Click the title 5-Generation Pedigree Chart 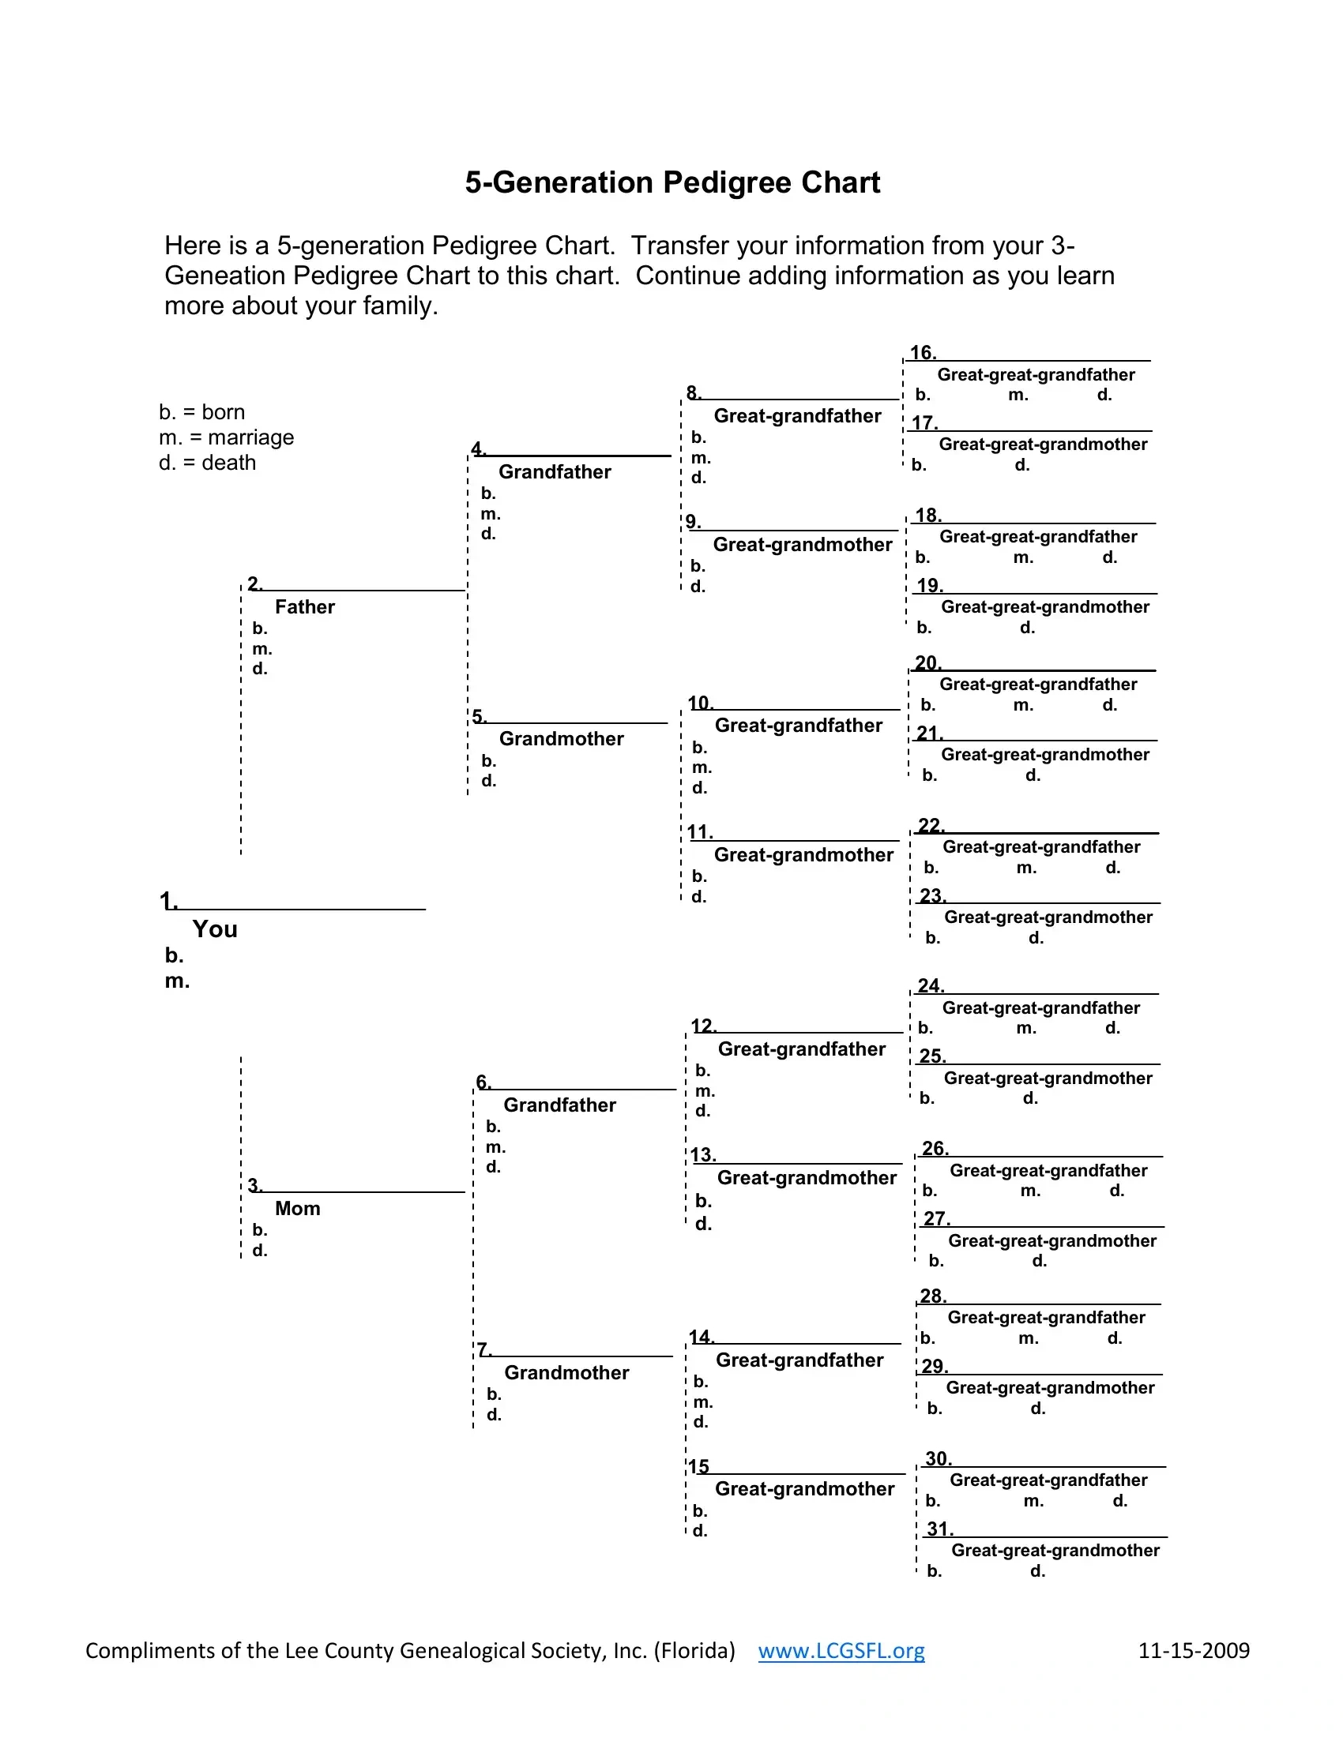(x=672, y=183)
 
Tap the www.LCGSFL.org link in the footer (x=841, y=1650)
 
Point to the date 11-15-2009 (x=1194, y=1650)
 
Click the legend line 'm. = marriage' (x=227, y=437)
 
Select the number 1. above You (x=167, y=901)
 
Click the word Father (x=305, y=607)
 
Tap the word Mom (x=298, y=1208)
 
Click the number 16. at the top (x=923, y=352)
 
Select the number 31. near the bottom (x=939, y=1529)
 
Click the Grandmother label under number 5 (x=561, y=739)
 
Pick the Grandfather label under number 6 (x=559, y=1105)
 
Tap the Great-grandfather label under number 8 (x=797, y=416)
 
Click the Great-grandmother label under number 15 (x=804, y=1489)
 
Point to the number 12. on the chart (x=703, y=1026)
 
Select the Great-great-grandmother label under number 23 (x=1048, y=917)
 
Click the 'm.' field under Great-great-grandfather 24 (x=1026, y=1028)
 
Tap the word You (x=215, y=929)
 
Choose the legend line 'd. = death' (x=208, y=463)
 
